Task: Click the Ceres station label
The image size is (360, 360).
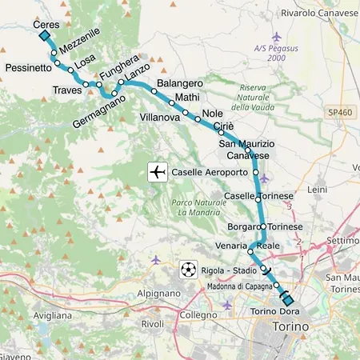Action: [47, 25]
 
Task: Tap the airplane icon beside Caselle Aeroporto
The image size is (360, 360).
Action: [158, 172]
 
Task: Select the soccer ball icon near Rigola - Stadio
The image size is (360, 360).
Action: [187, 268]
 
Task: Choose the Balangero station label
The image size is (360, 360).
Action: [180, 83]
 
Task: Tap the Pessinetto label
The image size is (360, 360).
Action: [28, 69]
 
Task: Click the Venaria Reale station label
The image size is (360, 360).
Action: [246, 245]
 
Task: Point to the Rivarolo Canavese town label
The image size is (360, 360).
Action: [320, 13]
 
